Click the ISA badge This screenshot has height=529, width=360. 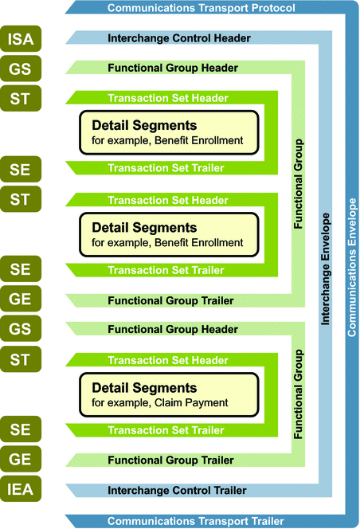tap(21, 38)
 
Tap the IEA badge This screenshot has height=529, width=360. tap(21, 490)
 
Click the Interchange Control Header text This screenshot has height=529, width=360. tap(178, 38)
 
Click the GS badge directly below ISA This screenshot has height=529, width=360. tap(21, 69)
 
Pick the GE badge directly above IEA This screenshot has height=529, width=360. tap(21, 460)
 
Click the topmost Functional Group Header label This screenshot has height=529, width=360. tap(173, 69)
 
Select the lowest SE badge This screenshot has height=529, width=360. tap(21, 430)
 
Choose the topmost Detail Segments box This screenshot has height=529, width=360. tap(169, 133)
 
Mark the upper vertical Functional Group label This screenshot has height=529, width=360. tap(299, 185)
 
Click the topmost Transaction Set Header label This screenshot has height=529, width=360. tap(168, 98)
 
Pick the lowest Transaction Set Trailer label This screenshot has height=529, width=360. tap(166, 430)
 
